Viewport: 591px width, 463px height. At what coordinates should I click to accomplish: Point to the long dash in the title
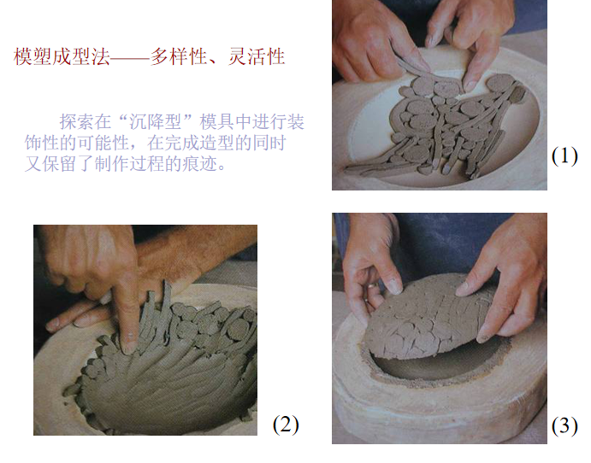(x=131, y=57)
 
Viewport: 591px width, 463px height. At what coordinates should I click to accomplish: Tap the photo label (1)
(x=564, y=155)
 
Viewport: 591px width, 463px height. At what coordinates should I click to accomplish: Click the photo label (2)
(x=286, y=424)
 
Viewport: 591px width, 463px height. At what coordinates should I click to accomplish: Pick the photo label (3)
(x=564, y=425)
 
